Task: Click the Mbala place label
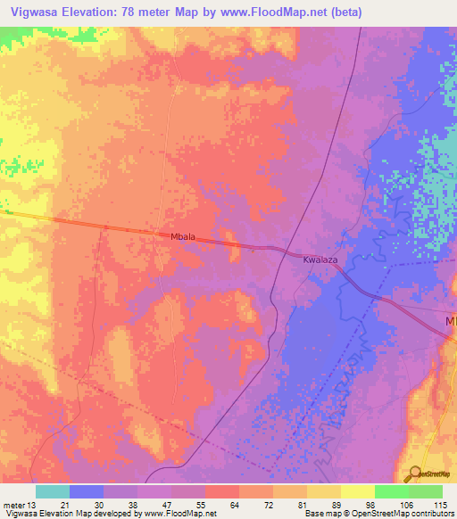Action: [x=183, y=239]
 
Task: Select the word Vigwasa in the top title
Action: [x=36, y=12]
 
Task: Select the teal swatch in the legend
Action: [x=53, y=491]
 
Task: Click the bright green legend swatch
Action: [x=392, y=491]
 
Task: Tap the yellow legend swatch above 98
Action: [x=358, y=491]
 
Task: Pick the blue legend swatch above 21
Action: [x=87, y=491]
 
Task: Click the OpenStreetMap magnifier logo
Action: [x=415, y=474]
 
